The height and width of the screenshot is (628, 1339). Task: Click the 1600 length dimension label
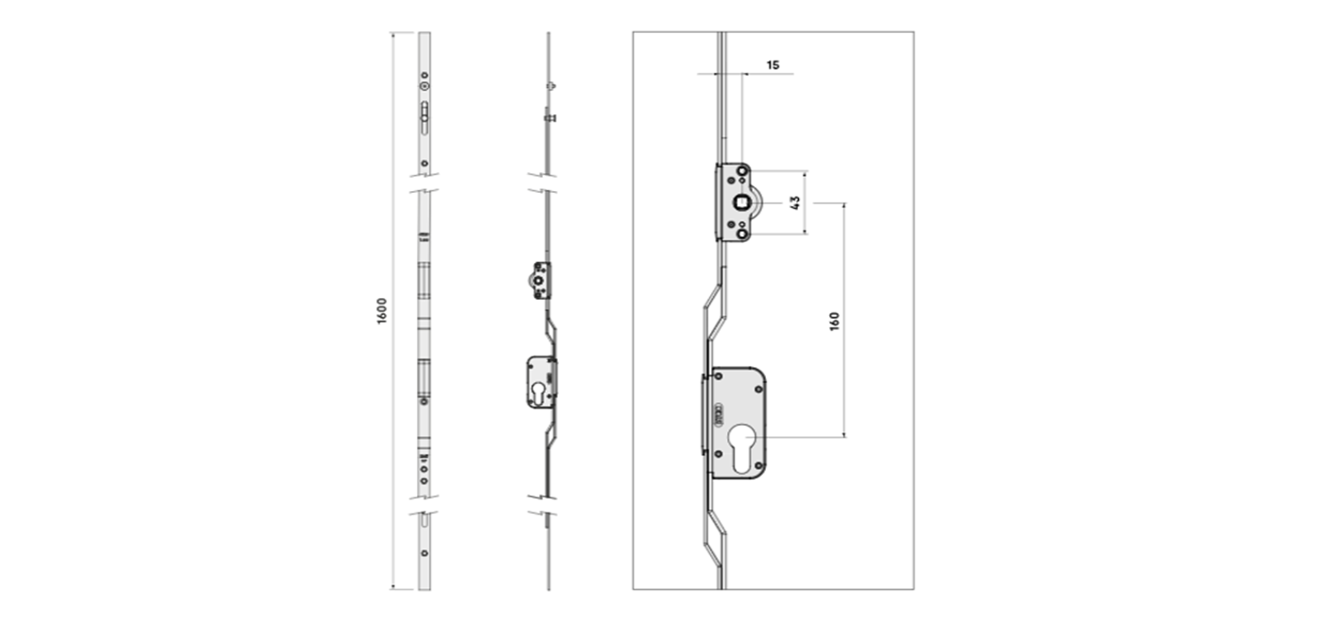coord(382,311)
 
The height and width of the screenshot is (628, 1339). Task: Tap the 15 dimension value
coord(773,64)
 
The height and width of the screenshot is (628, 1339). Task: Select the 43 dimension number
coord(795,202)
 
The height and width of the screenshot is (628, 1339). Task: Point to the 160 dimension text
coord(834,322)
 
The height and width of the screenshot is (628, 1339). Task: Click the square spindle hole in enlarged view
coord(741,202)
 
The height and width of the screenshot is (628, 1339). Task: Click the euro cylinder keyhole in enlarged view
coord(741,448)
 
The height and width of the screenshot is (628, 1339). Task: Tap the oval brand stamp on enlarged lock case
coord(719,416)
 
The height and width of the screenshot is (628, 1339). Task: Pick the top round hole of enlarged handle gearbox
coord(742,170)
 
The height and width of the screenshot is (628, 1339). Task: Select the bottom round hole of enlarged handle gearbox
coord(742,235)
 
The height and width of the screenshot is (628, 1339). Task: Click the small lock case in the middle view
coord(542,382)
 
